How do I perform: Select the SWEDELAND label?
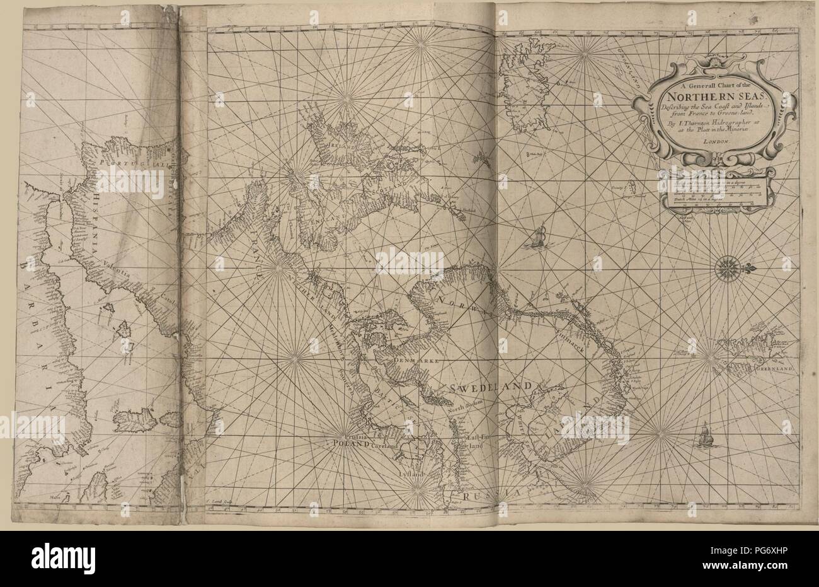tap(491, 386)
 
